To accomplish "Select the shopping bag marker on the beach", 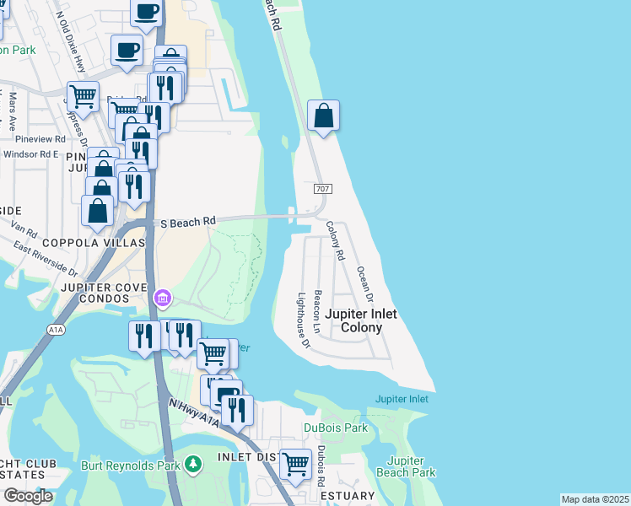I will click(324, 116).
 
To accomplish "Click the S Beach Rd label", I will click(188, 222).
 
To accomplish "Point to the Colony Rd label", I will click(336, 240).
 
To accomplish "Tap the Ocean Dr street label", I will click(364, 284).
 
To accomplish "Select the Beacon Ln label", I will click(318, 310).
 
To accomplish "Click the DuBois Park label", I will click(336, 428).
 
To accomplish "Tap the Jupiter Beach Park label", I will click(412, 466).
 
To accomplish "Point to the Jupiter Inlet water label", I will click(402, 399).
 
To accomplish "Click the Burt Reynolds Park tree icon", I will click(194, 464).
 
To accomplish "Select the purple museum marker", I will click(162, 298).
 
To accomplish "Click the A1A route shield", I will click(57, 329).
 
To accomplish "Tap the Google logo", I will click(28, 496).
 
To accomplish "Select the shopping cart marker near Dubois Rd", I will click(295, 464).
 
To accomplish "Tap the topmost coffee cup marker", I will click(146, 13).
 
